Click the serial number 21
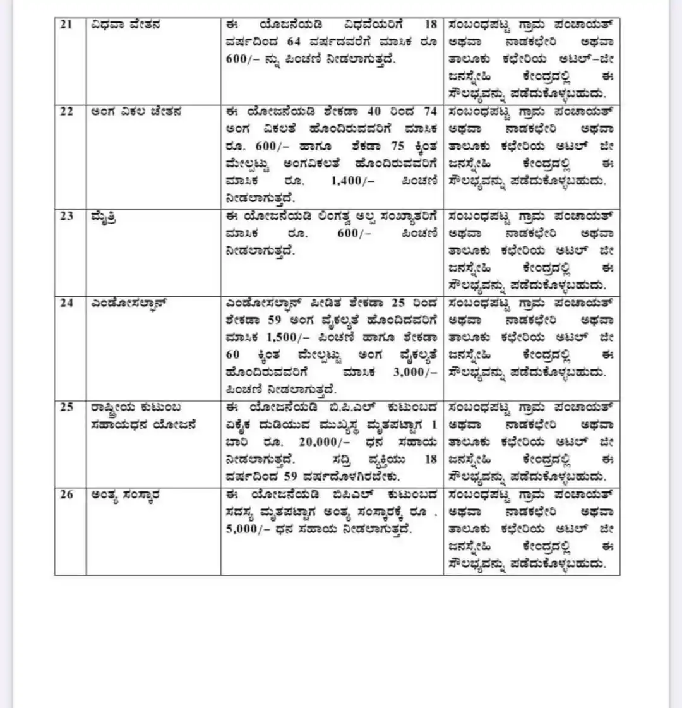(x=66, y=25)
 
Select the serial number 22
(x=66, y=112)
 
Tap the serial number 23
(x=66, y=217)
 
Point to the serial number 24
(x=66, y=303)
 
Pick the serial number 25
(x=66, y=407)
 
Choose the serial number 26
(x=66, y=495)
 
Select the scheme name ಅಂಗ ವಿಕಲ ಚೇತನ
(x=136, y=112)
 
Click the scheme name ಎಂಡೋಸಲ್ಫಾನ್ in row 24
(x=129, y=304)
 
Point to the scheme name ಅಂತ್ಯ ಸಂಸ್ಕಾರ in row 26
(x=126, y=495)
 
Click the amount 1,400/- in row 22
(x=356, y=181)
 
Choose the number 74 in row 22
(x=430, y=112)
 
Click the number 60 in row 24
(x=233, y=355)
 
